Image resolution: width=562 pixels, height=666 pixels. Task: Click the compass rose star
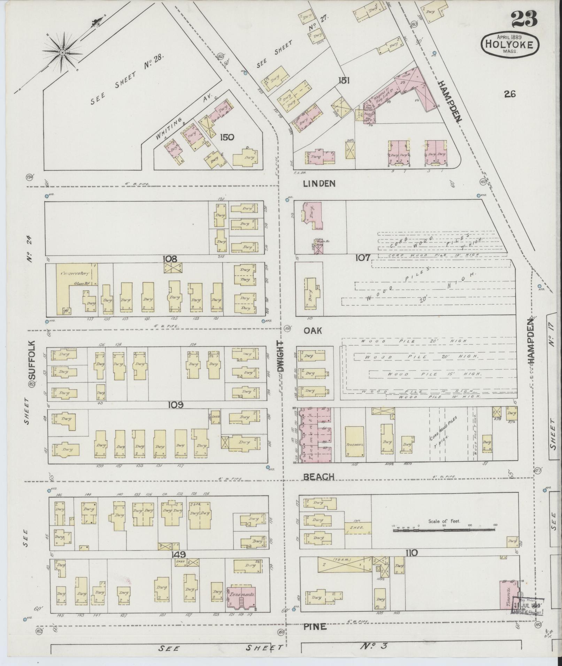pos(62,53)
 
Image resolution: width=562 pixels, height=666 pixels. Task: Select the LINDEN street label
pos(319,183)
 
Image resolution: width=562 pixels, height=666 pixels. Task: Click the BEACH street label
pos(318,477)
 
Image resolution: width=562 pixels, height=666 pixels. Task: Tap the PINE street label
pos(315,627)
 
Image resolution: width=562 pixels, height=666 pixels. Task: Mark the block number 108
pos(170,259)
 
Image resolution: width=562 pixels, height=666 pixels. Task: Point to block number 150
pos(227,137)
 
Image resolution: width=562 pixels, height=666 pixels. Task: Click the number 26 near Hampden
pos(509,94)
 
